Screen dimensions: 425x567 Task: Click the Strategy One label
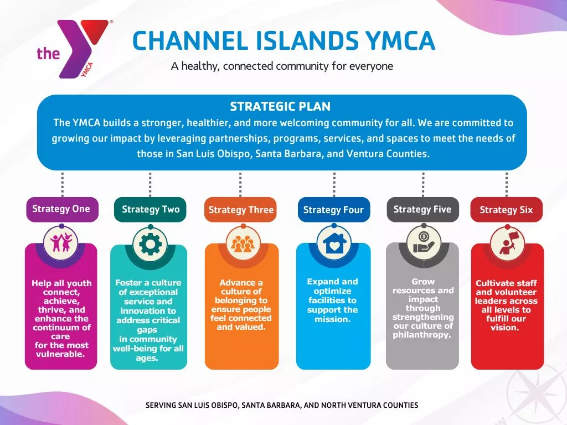61,209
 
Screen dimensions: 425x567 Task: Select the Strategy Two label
151,209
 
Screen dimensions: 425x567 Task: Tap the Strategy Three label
241,210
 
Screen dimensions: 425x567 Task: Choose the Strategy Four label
333,210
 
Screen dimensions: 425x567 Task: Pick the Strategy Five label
422,209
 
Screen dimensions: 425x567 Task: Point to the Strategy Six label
506,210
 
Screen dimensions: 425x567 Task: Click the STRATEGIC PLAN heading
280,107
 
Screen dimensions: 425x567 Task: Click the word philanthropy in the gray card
422,335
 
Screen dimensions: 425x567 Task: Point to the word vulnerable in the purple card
60,354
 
